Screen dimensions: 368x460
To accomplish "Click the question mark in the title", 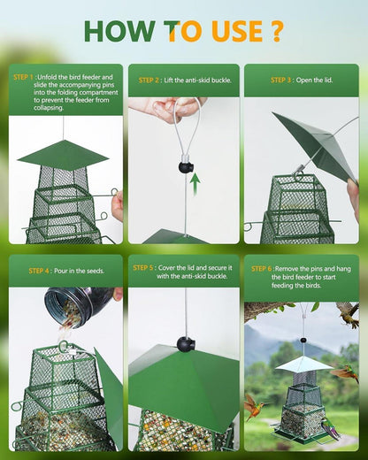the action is point(276,31).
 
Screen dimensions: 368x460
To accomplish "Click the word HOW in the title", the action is point(119,31).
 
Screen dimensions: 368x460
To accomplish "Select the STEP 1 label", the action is point(23,77).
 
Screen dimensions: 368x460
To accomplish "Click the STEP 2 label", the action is point(149,80).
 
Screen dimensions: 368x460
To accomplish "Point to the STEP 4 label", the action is point(39,271).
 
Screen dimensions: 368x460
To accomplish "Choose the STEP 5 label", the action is point(143,268).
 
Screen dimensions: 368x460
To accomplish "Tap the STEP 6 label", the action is point(262,269).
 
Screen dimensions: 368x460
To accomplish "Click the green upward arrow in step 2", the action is point(195,184).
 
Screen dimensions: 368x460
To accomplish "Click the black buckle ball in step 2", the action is point(186,167).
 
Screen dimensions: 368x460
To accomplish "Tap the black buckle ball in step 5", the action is point(186,344).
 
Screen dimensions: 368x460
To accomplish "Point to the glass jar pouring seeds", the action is point(78,307).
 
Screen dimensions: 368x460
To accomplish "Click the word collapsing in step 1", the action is point(49,108).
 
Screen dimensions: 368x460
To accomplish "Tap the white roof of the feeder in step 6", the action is point(303,364).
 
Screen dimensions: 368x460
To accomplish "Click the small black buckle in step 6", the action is point(303,341).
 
